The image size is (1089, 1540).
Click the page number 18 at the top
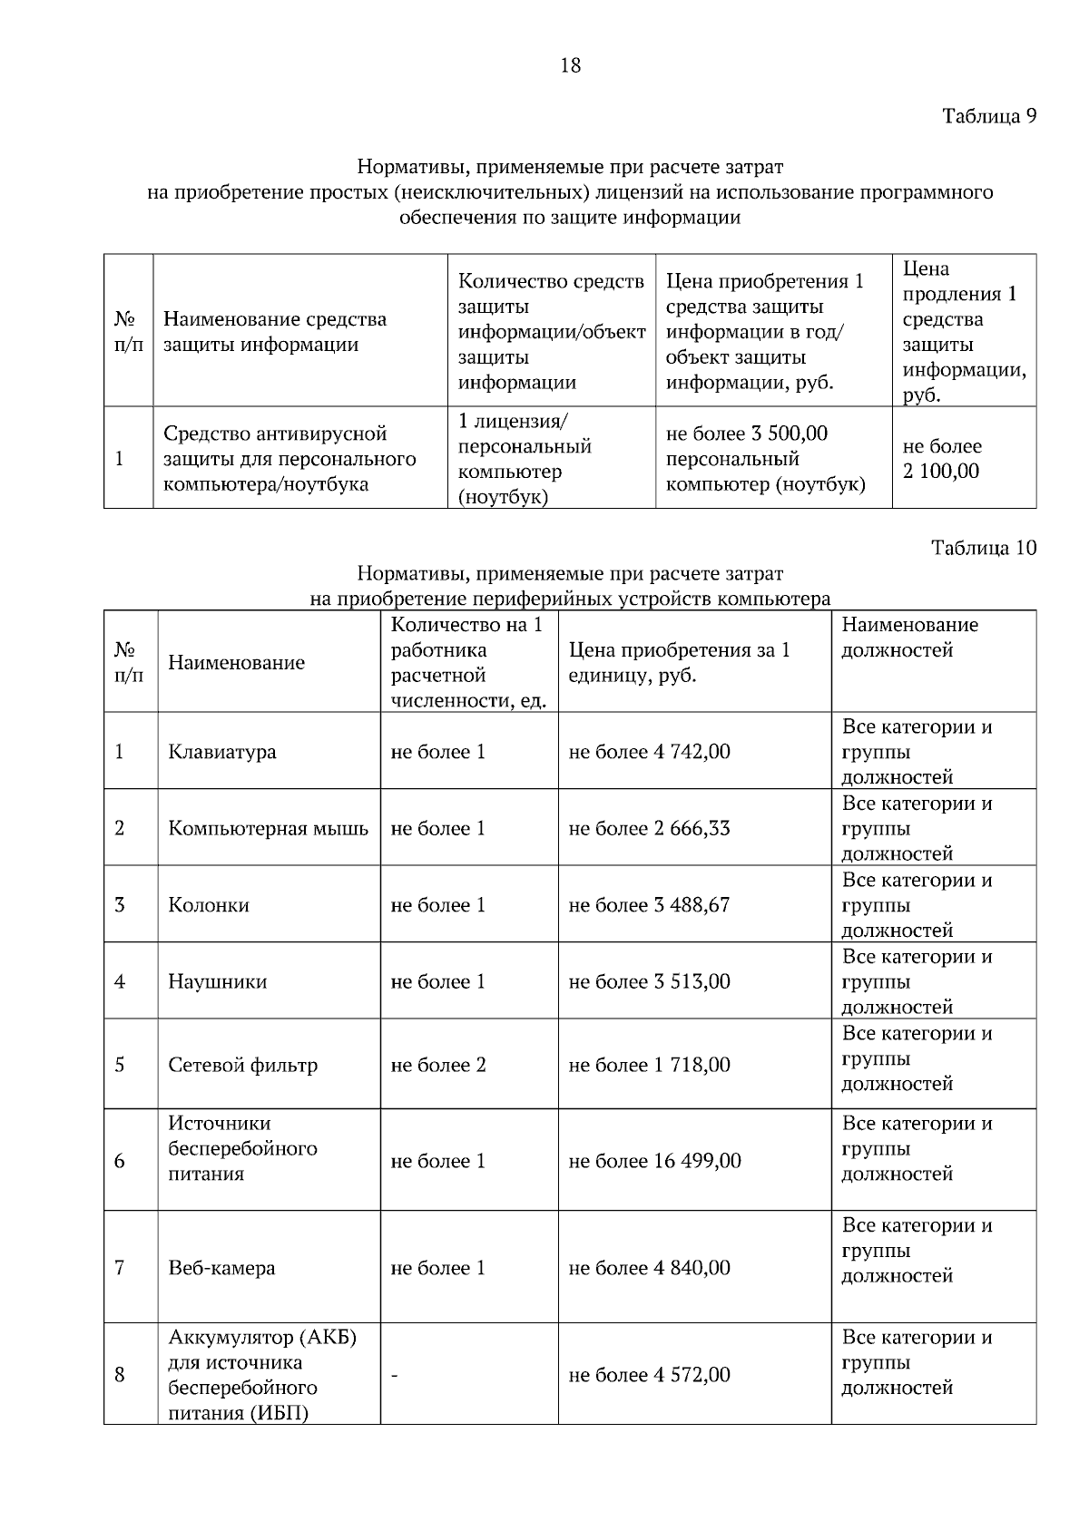coord(571,65)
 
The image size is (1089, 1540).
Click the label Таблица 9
coord(988,116)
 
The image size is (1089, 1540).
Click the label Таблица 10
coord(984,548)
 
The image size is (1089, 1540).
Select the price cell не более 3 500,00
coord(747,434)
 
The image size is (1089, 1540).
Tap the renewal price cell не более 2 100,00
coord(941,459)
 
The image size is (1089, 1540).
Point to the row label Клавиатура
coord(222,752)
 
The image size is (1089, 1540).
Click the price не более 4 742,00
coord(649,752)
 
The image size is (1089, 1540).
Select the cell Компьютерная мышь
coord(268,828)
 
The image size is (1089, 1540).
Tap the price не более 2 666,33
coord(649,828)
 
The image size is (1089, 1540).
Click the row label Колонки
coord(209,905)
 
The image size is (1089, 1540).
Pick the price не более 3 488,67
coord(649,905)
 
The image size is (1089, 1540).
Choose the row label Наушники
coord(218,981)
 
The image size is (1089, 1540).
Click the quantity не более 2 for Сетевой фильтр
coord(438,1065)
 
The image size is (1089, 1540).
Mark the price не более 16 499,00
coord(654,1161)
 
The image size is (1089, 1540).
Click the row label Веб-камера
coord(221,1268)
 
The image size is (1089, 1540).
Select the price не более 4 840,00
coord(649,1268)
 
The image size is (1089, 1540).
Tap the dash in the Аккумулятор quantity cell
coord(395,1376)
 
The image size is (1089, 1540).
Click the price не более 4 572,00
coord(649,1375)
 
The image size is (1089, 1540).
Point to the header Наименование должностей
coord(910,638)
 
